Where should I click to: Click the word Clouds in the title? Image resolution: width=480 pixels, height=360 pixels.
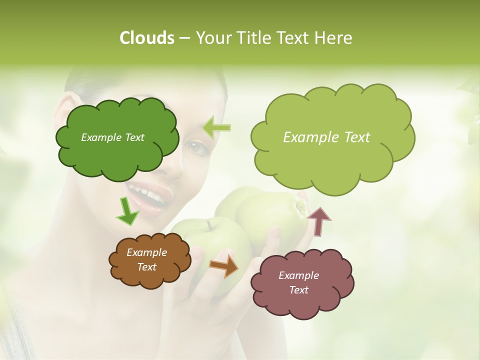click(x=146, y=38)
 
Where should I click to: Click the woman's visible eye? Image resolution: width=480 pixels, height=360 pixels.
click(x=196, y=146)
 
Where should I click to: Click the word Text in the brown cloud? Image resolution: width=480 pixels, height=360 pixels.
click(x=146, y=267)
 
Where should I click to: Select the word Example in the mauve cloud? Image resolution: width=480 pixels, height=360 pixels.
click(x=298, y=275)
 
